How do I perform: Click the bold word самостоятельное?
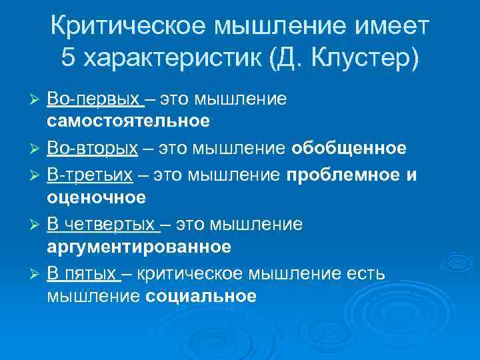coord(128,121)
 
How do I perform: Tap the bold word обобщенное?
coord(349,148)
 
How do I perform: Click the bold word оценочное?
coord(96,197)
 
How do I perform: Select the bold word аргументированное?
coord(139,246)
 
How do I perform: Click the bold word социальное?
coord(201,295)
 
